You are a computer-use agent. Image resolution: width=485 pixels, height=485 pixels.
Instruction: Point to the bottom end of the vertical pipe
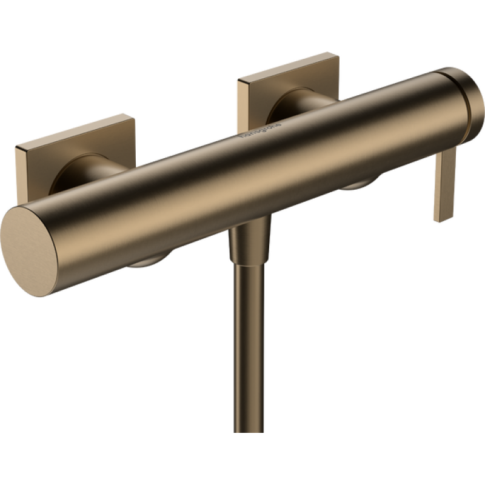(x=248, y=429)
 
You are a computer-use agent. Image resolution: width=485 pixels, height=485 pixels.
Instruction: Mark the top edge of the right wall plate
(x=289, y=66)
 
